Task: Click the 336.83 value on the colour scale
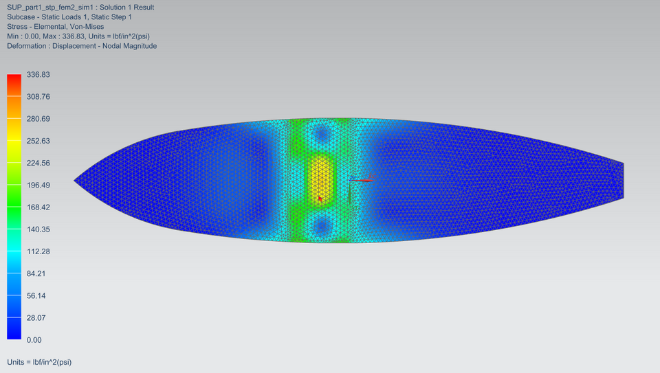[x=38, y=74]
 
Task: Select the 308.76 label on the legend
[x=38, y=97]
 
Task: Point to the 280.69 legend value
[x=38, y=119]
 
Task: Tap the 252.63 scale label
[x=38, y=141]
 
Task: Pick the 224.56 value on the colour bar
[x=38, y=163]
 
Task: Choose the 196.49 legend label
[x=38, y=185]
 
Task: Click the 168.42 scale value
[x=38, y=207]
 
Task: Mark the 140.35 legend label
[x=38, y=229]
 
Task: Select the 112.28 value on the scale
[x=38, y=251]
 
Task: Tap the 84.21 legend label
[x=36, y=274]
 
